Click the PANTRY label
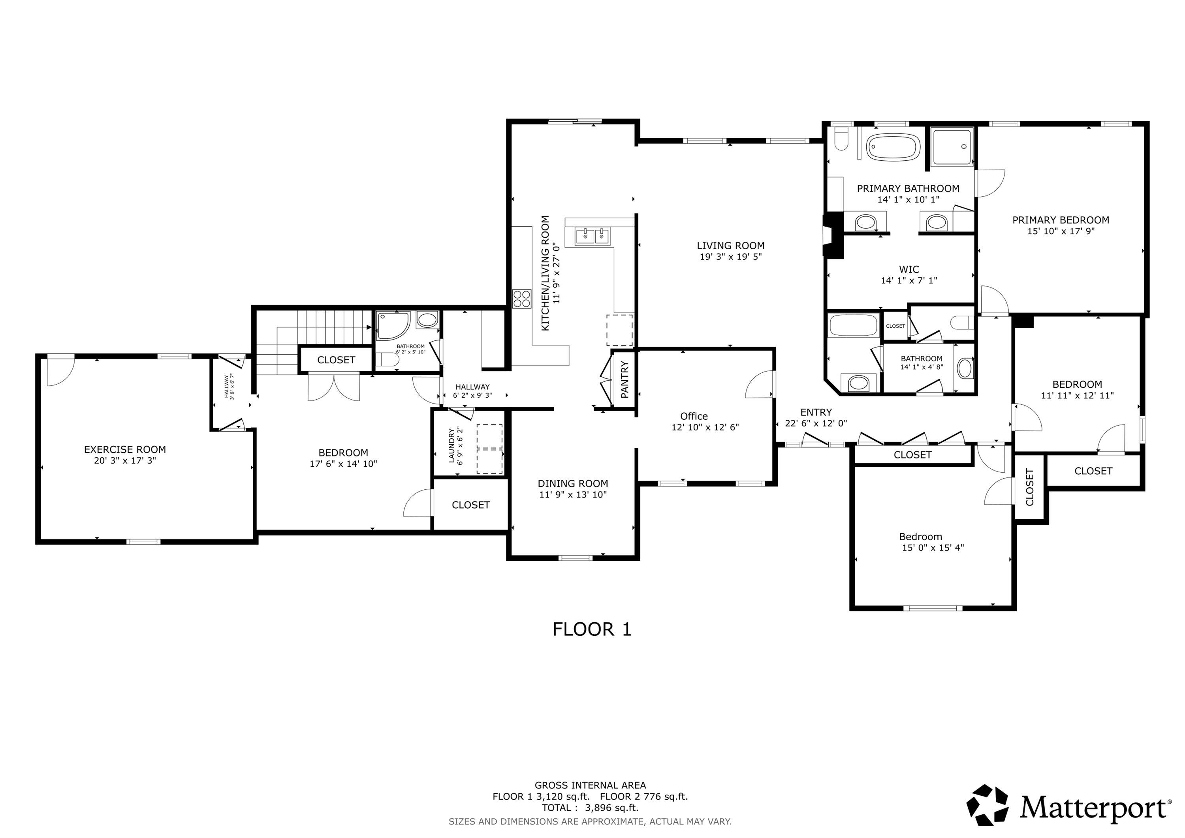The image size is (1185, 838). point(624,380)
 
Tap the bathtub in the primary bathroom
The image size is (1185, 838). point(892,148)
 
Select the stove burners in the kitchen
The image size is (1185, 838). point(522,299)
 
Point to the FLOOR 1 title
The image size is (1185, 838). point(592,629)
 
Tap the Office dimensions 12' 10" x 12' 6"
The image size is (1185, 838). point(705,427)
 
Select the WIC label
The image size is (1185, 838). point(909,269)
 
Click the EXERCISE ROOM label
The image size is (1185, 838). point(125,449)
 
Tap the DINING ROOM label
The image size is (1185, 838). point(573,483)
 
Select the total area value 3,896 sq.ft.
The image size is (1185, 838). point(611,808)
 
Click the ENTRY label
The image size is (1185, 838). point(816,412)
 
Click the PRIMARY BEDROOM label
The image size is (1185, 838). point(1061,220)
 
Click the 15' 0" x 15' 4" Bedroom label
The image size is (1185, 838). point(920,537)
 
